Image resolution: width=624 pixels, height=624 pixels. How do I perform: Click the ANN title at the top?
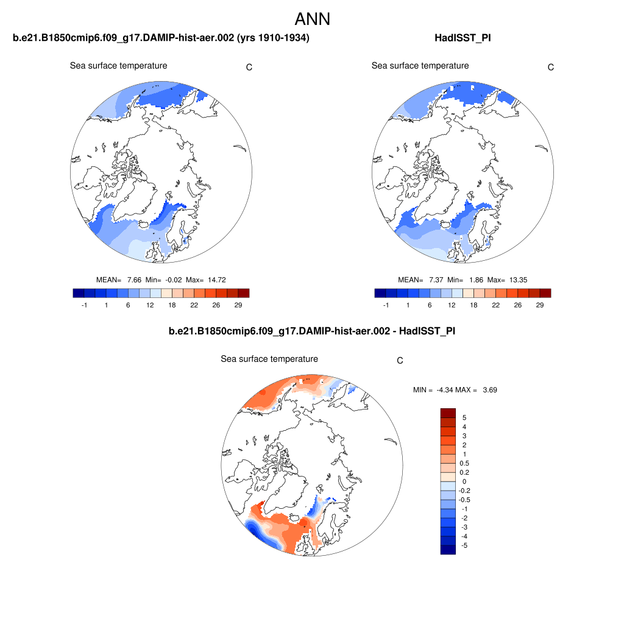312,19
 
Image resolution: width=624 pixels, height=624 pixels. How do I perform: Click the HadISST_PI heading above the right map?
463,38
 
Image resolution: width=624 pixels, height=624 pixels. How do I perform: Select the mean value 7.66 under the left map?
134,280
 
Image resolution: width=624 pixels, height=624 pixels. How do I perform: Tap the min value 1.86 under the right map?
475,280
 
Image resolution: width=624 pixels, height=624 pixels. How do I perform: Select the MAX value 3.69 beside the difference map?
489,389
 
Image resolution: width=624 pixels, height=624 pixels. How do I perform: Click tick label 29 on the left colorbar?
238,304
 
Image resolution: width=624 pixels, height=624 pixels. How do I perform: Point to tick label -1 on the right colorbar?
386,304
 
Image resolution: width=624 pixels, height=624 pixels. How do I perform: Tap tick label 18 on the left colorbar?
172,304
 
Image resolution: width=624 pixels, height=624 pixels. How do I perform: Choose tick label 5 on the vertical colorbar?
464,417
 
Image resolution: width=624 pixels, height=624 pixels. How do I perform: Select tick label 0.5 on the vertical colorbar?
465,463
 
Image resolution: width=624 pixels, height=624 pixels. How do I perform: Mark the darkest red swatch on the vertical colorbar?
448,413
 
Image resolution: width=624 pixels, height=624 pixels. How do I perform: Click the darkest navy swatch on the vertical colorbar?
448,550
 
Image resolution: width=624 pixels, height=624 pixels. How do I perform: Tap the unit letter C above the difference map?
400,361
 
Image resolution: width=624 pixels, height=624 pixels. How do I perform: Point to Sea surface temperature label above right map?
420,66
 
